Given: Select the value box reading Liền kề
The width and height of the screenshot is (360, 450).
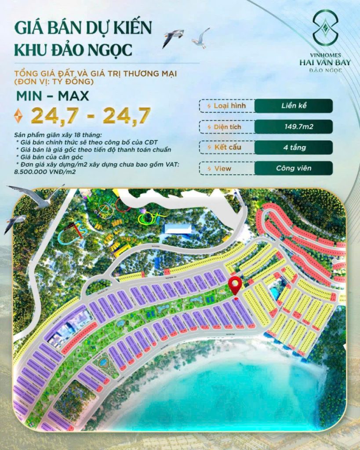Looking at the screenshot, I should pos(294,106).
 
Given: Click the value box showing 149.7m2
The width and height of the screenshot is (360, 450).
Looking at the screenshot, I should pos(294,127).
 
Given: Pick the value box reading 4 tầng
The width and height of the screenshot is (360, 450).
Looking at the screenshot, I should pos(294,148).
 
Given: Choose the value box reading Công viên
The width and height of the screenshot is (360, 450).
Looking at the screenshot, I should pos(294,168).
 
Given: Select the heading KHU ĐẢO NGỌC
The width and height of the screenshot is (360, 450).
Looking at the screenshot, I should pos(73,50).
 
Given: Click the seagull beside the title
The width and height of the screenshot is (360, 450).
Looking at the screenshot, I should pos(173,37).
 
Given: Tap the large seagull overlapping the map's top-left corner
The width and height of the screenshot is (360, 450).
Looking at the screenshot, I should pos(35,196).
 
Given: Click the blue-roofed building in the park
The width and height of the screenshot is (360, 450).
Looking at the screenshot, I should pos(177,229).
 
